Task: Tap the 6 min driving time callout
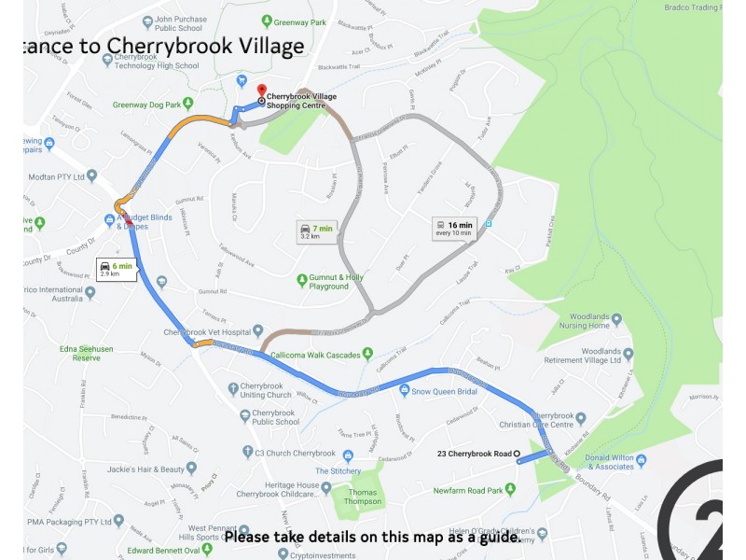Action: [x=117, y=270]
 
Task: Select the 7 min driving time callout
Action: [x=316, y=232]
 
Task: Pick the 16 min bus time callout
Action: [x=454, y=228]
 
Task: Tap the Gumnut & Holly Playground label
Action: [x=336, y=281]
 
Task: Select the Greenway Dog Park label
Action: [x=146, y=105]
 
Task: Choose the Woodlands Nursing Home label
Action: [x=585, y=320]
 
